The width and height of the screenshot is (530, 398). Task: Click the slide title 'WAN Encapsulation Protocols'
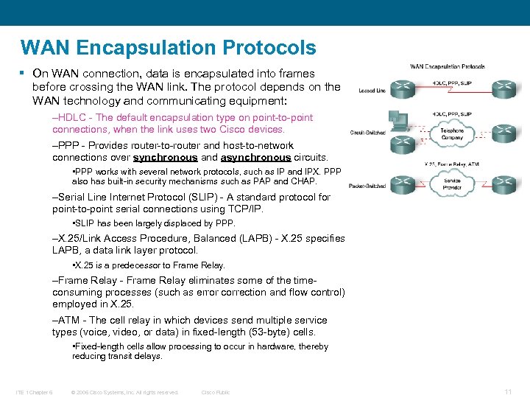[169, 48]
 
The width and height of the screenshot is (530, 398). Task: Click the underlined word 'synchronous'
[165, 157]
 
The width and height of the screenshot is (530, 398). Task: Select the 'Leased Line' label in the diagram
[372, 91]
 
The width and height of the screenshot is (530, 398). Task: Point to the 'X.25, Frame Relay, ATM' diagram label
[452, 164]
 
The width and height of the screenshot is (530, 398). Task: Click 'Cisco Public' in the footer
[216, 392]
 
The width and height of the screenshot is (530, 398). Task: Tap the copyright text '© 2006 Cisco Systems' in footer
[124, 392]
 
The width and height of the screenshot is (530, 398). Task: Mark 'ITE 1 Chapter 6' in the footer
[34, 392]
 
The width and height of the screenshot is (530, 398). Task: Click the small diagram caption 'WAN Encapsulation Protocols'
[447, 66]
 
